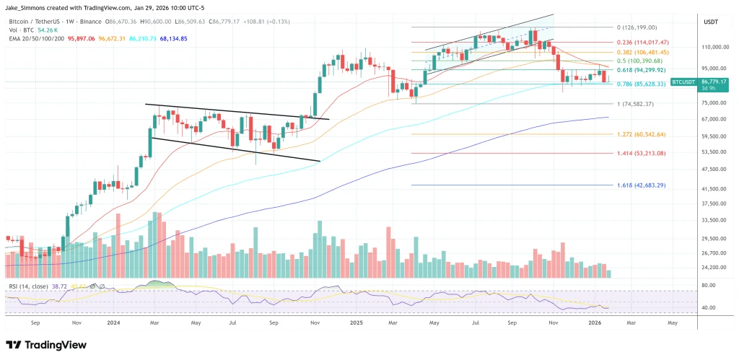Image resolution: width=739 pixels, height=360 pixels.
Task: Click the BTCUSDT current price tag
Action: (x=683, y=83)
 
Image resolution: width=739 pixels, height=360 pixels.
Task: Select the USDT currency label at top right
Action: (x=710, y=22)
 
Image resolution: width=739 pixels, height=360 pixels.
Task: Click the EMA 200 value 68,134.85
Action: (x=153, y=39)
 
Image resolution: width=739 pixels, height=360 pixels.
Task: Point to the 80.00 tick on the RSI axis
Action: (x=707, y=286)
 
